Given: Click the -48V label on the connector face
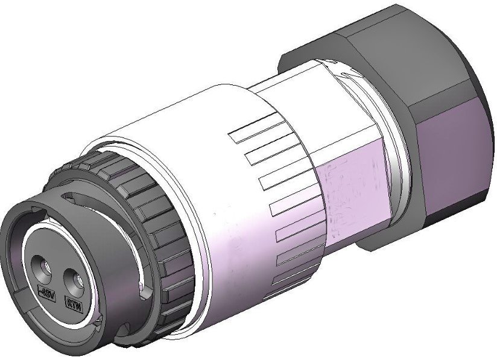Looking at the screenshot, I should pos(46,294).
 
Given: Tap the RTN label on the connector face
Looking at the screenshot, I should pos(73,303).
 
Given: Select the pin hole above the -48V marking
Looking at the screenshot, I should pos(43,265).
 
